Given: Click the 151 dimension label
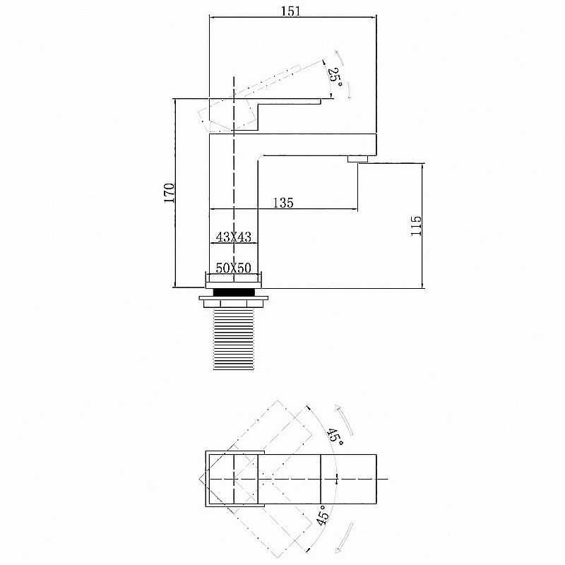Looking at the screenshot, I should click(x=293, y=11).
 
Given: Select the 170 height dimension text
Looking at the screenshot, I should click(x=169, y=193).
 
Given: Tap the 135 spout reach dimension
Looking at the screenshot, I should click(x=282, y=203).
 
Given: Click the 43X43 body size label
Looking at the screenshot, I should click(x=234, y=237).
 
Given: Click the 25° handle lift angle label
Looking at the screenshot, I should click(x=333, y=76).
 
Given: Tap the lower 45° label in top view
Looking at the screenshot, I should click(x=323, y=517).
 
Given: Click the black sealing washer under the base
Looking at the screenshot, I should click(x=233, y=290).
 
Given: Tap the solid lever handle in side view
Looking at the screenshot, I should click(x=290, y=102).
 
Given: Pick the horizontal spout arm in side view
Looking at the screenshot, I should click(x=318, y=144).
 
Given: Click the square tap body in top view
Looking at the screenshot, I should click(x=233, y=479).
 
